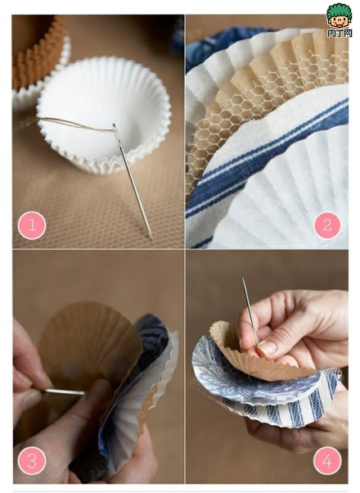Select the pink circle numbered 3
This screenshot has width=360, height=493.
pyautogui.click(x=32, y=461)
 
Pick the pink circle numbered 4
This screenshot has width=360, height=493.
pyautogui.click(x=327, y=461)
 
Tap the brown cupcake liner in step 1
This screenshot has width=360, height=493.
pyautogui.click(x=37, y=49)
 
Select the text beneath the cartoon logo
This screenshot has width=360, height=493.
pyautogui.click(x=338, y=34)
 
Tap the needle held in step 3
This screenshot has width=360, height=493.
pyautogui.click(x=65, y=391)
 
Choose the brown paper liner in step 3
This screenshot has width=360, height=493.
pyautogui.click(x=90, y=344)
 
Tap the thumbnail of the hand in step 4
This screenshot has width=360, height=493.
pyautogui.click(x=267, y=347)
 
